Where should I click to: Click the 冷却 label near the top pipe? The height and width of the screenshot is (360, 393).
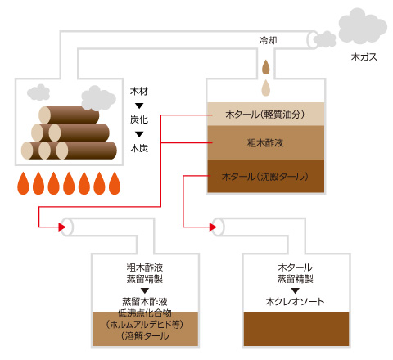click(268, 40)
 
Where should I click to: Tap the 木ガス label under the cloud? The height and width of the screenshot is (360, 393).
click(364, 57)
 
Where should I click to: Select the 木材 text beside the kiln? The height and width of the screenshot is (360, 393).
click(139, 91)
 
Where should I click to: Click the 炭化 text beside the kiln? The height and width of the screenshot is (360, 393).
click(139, 119)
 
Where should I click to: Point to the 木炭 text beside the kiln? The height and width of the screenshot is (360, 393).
click(139, 148)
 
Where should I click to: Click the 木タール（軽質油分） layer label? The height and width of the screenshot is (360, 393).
click(265, 115)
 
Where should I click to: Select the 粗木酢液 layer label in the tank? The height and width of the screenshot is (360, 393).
click(265, 142)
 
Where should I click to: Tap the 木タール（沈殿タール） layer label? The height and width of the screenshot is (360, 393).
click(265, 177)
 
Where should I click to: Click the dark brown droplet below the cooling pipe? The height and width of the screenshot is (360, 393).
click(266, 67)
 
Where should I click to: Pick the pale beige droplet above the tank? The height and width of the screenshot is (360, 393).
click(266, 88)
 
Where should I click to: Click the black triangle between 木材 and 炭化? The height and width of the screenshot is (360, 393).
click(139, 106)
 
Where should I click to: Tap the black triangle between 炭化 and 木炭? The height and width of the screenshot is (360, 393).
click(139, 134)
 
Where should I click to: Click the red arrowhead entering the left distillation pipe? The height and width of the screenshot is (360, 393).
click(62, 227)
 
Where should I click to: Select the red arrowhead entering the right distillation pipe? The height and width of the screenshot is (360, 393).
click(213, 227)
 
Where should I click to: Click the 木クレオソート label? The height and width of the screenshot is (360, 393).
click(295, 301)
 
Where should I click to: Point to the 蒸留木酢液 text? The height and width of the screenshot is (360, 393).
click(145, 301)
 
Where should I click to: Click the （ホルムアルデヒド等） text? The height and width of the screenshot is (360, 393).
click(145, 324)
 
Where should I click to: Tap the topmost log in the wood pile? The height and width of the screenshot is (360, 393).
click(69, 115)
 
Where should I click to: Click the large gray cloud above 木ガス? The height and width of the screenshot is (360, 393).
click(363, 26)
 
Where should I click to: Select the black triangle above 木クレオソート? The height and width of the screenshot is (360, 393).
click(295, 290)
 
